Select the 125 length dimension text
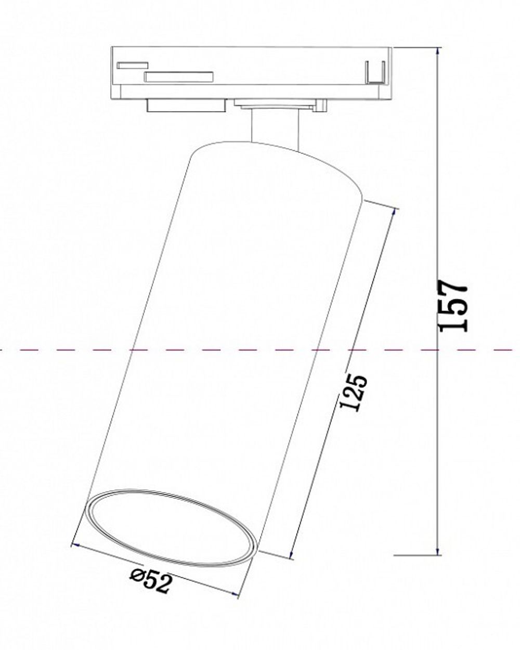354,393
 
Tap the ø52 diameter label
151,581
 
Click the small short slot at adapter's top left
133,65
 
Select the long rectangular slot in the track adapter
179,77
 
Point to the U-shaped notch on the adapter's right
374,73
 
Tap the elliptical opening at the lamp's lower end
172,527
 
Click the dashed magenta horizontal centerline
52,350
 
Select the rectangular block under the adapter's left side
186,106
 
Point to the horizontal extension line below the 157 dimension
416,555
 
